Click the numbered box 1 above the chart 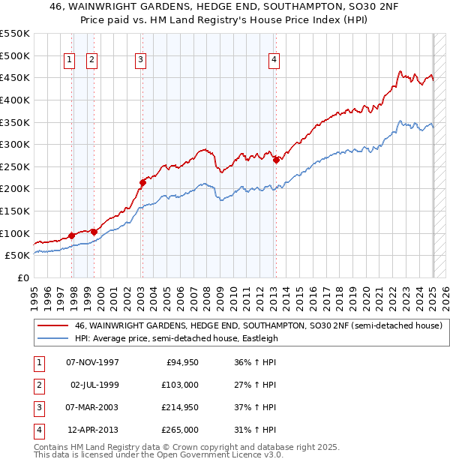click(x=69, y=61)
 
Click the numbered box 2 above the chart click(x=91, y=61)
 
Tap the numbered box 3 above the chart click(x=141, y=61)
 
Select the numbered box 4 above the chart click(x=275, y=61)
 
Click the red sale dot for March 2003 click(x=142, y=181)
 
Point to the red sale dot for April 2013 click(x=276, y=159)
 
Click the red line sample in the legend click(x=52, y=325)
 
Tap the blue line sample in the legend click(x=52, y=338)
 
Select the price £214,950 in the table click(x=180, y=407)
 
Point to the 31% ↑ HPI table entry click(x=255, y=430)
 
